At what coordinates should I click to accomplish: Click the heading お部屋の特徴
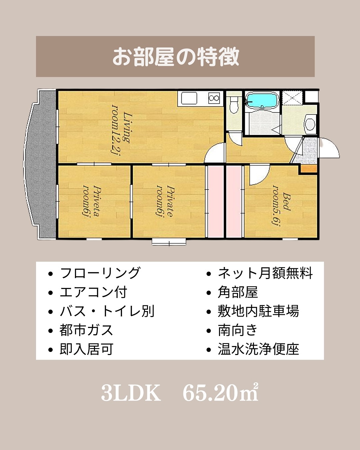[x=176, y=57]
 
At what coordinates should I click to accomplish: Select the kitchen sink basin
[x=189, y=98]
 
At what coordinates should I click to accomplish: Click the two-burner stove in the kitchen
[x=214, y=98]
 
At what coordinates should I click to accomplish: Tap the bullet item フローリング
[x=100, y=273]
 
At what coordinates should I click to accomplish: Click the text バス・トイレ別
[x=107, y=311]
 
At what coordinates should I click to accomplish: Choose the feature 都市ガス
[x=86, y=330]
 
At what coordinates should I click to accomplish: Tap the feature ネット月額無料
[x=265, y=273]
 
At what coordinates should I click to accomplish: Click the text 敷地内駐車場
[x=259, y=311]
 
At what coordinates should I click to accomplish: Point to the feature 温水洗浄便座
[x=259, y=349]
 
